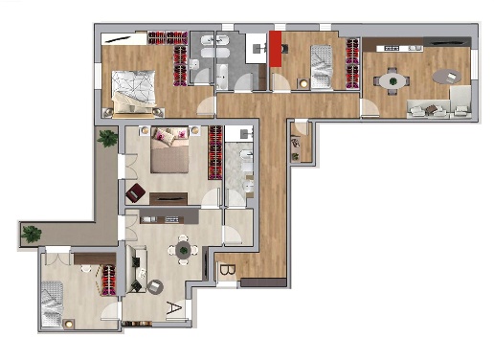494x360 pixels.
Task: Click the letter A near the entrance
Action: pyautogui.click(x=174, y=307)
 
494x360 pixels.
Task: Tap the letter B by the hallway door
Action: pyautogui.click(x=228, y=270)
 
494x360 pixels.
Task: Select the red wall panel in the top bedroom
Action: pyautogui.click(x=276, y=49)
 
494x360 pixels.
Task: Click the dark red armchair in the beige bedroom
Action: pyautogui.click(x=135, y=192)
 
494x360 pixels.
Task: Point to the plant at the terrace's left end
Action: pyautogui.click(x=32, y=235)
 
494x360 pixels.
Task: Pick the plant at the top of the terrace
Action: pyautogui.click(x=107, y=138)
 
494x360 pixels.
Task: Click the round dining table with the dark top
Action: pyautogui.click(x=183, y=250)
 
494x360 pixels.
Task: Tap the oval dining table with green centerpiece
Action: pyautogui.click(x=393, y=81)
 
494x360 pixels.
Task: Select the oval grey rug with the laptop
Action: pyautogui.click(x=447, y=77)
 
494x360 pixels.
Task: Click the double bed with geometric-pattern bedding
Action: pyautogui.click(x=134, y=92)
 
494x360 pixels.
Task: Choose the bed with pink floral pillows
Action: pyautogui.click(x=169, y=150)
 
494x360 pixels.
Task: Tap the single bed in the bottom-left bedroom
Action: pyautogui.click(x=53, y=304)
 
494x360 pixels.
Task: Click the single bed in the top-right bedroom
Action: pyautogui.click(x=322, y=66)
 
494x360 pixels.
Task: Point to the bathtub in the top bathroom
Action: pyautogui.click(x=222, y=77)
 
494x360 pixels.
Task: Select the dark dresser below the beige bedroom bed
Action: pyautogui.click(x=168, y=198)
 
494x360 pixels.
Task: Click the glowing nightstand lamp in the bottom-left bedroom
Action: pyautogui.click(x=69, y=324)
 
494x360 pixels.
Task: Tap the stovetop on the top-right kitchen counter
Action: pyautogui.click(x=392, y=48)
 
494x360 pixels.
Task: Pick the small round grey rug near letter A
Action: pyautogui.click(x=155, y=287)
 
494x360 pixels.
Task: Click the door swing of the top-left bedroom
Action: pyautogui.click(x=205, y=105)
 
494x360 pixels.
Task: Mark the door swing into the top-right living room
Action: pyautogui.click(x=370, y=108)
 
